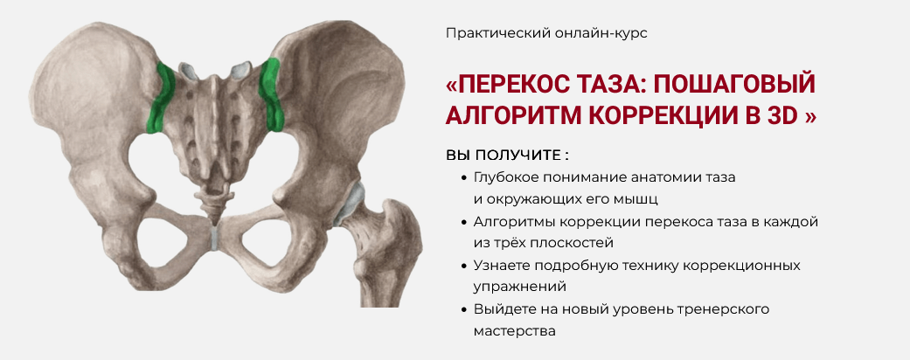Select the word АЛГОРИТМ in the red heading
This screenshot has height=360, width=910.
(510, 115)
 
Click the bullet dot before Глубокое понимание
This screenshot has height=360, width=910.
(463, 177)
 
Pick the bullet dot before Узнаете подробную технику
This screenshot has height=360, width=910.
(463, 265)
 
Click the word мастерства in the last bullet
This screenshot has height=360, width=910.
(514, 331)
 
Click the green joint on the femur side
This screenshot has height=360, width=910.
(273, 92)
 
